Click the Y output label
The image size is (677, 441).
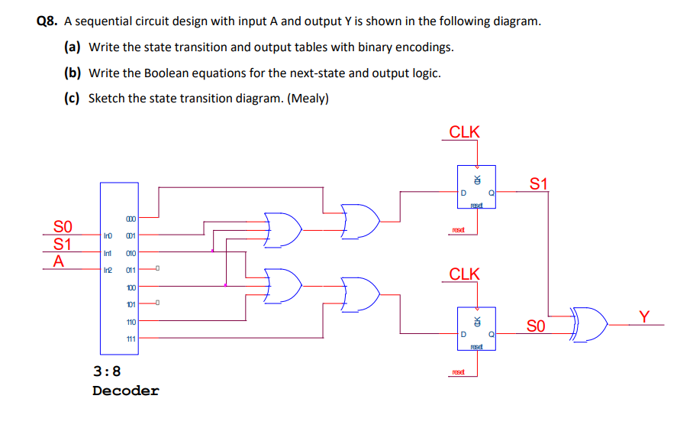[x=646, y=316]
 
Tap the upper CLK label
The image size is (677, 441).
[x=464, y=131]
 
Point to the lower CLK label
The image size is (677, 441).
[x=464, y=274]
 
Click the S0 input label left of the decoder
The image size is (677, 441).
[x=63, y=227]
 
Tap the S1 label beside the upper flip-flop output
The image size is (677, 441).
[x=539, y=183]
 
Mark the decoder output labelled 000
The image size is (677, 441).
[x=131, y=219]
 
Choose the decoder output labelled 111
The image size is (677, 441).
[x=131, y=339]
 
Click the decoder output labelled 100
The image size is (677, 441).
[x=131, y=287]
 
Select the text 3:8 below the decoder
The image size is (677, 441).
[x=106, y=372]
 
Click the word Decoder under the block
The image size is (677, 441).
[x=126, y=391]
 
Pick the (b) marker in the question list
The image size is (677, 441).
[x=73, y=73]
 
